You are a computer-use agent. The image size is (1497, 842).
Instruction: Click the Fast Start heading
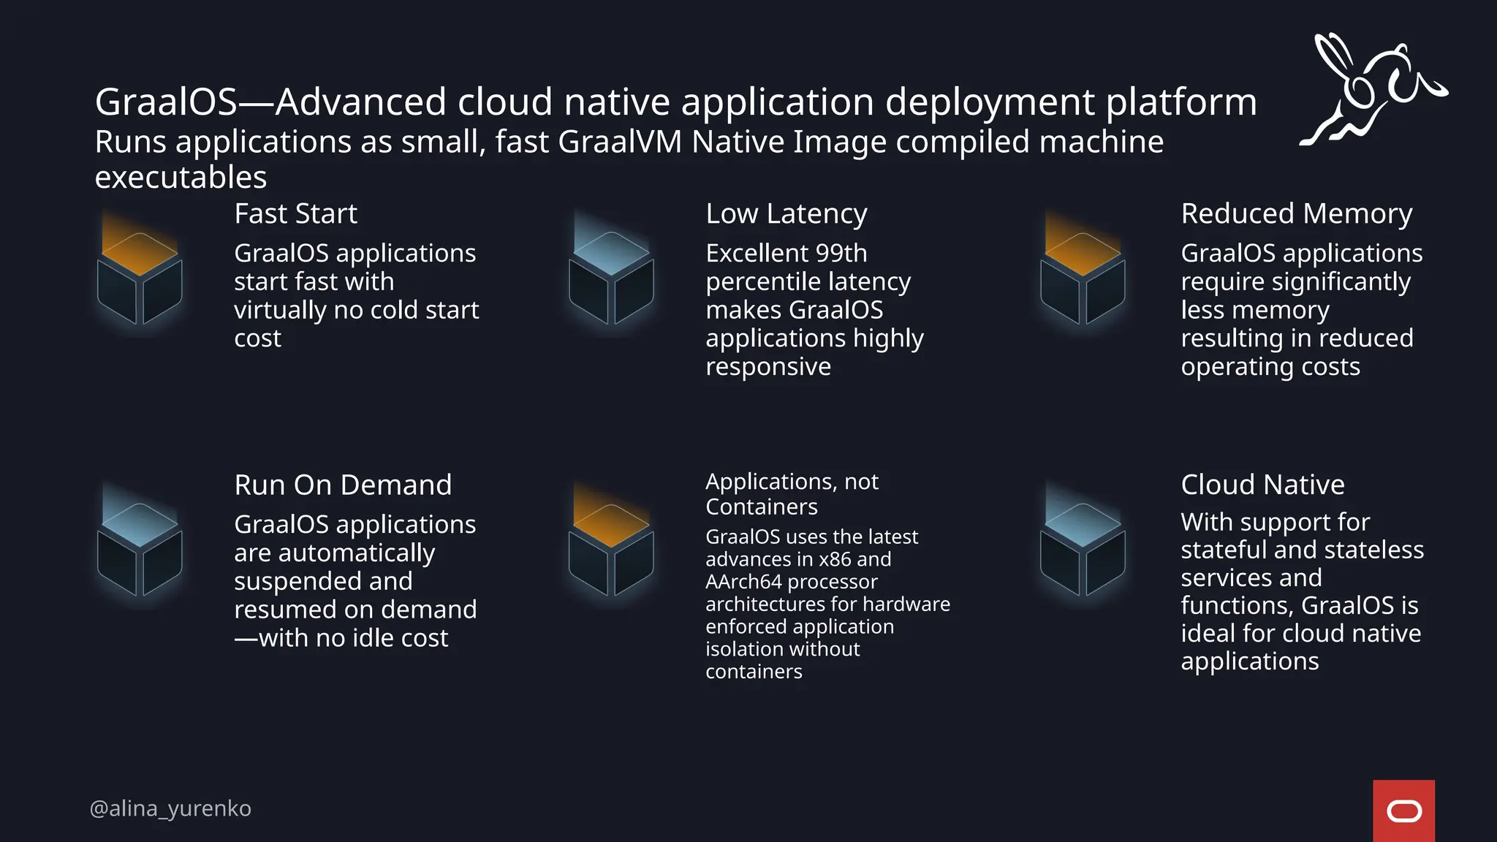point(295,214)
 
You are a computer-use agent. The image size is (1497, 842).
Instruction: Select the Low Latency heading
point(786,214)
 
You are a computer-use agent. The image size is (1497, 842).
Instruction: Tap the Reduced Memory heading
point(1296,214)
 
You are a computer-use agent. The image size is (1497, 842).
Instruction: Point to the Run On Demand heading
point(343,485)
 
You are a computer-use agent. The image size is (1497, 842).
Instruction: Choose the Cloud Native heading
point(1262,485)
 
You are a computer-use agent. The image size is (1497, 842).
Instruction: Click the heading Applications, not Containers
point(792,494)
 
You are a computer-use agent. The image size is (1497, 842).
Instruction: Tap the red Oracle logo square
point(1403,811)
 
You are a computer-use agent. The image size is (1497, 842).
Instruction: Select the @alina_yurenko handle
point(170,808)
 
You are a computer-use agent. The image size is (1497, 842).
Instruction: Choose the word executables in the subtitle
point(181,178)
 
